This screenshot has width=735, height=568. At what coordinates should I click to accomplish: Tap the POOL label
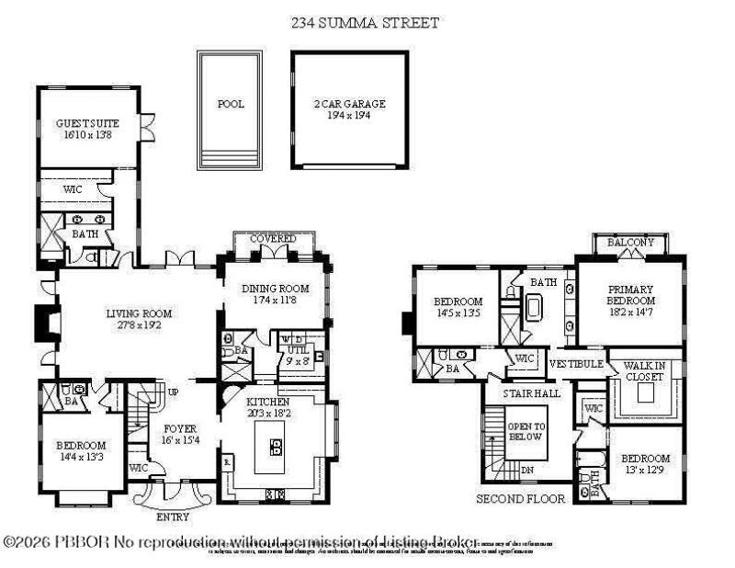click(x=231, y=104)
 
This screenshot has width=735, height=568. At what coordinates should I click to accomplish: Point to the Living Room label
click(x=139, y=313)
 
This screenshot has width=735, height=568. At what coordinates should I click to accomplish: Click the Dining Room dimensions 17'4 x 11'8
click(x=274, y=300)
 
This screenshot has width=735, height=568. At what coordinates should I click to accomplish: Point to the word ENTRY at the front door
click(x=173, y=517)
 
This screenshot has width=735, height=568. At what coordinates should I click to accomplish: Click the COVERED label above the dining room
click(x=274, y=239)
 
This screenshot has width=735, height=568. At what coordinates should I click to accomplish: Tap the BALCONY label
click(x=630, y=243)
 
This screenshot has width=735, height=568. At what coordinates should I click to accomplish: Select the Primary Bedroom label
click(x=630, y=294)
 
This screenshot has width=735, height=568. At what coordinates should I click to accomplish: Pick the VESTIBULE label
click(x=576, y=364)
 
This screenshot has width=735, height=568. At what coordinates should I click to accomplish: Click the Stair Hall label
click(x=526, y=394)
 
